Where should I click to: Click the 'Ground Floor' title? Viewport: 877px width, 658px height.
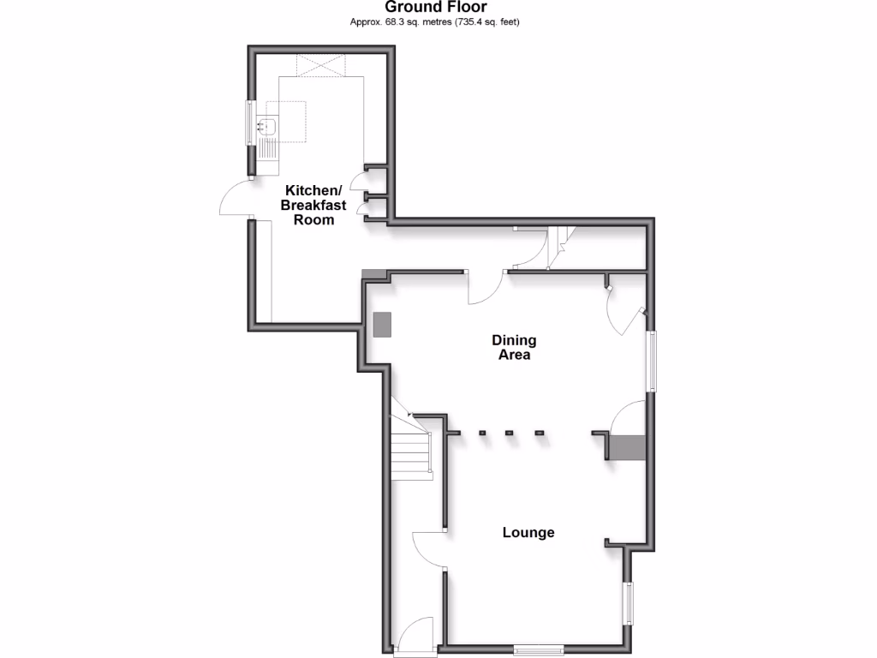[x=436, y=8]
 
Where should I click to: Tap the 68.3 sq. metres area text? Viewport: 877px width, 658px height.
[x=435, y=22]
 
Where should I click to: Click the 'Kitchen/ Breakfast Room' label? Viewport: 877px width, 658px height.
[x=313, y=205]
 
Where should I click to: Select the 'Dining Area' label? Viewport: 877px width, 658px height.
[x=514, y=348]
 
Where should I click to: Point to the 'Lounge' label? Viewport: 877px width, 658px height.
[x=528, y=533]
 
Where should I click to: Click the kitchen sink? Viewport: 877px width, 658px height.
[x=266, y=126]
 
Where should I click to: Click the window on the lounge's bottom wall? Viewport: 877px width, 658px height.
[x=539, y=649]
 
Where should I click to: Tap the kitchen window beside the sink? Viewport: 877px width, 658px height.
[x=251, y=122]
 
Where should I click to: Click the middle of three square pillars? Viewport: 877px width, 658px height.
[x=509, y=433]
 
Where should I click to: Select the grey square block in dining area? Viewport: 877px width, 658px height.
[x=382, y=324]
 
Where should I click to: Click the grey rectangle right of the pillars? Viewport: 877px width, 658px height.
[x=627, y=447]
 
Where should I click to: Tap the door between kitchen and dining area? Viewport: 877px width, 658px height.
[x=486, y=289]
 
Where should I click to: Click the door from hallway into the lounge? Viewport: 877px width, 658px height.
[x=429, y=548]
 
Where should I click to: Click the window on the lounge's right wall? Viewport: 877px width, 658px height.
[x=629, y=604]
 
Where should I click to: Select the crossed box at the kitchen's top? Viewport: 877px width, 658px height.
[x=321, y=64]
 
